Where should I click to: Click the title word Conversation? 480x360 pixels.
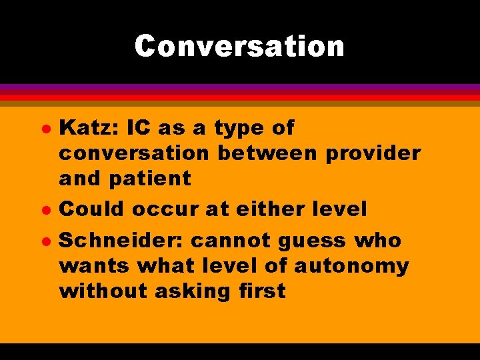point(239,46)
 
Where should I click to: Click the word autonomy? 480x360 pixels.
point(351,267)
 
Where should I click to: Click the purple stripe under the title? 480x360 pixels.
point(240,87)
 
